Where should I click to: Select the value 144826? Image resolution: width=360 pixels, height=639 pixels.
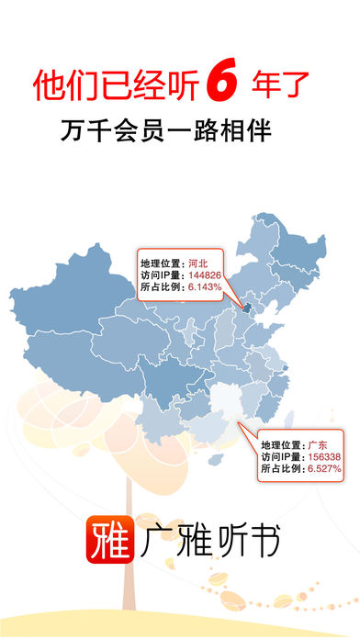(207, 275)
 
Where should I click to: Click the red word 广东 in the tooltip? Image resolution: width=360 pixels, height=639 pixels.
(318, 443)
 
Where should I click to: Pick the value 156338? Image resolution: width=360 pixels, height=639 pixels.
(327, 456)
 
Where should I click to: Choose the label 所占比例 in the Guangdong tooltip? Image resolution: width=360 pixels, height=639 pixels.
(279, 469)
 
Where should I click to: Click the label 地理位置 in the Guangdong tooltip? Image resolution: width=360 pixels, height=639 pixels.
(279, 443)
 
